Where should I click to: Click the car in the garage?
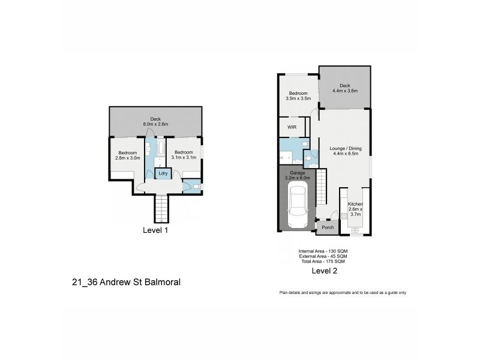(x=297, y=205)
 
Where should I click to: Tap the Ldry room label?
(x=163, y=173)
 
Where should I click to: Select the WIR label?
(x=292, y=127)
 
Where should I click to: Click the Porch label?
(x=328, y=227)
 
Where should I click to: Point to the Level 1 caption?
(x=155, y=230)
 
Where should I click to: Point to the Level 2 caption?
(x=324, y=271)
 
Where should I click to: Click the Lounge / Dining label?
(x=346, y=148)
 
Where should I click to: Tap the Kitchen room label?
(x=355, y=204)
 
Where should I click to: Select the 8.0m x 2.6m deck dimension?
(x=155, y=124)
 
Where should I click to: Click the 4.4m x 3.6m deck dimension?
(x=345, y=91)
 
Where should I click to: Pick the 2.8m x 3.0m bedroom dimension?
(x=128, y=158)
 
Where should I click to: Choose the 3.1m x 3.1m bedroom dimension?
(x=184, y=157)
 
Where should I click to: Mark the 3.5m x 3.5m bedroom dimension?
(x=298, y=98)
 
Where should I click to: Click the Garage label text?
(x=297, y=173)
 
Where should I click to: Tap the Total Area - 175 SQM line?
(x=323, y=262)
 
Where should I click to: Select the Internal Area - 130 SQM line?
(x=323, y=251)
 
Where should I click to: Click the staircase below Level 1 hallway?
(x=161, y=209)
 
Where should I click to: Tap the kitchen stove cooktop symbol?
(x=344, y=216)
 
